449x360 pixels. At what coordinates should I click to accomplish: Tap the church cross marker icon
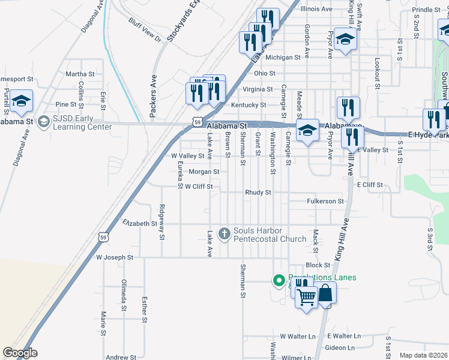tap(224, 233)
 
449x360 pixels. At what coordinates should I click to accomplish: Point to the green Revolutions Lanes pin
tap(279, 280)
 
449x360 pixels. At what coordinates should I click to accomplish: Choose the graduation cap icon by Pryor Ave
tap(345, 40)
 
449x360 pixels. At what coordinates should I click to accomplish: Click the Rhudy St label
tap(258, 193)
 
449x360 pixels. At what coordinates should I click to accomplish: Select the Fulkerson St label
tap(325, 202)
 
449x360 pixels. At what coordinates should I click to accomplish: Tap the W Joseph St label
tap(115, 257)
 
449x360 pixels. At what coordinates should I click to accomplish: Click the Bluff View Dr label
tap(145, 29)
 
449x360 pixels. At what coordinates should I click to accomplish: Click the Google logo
tap(20, 353)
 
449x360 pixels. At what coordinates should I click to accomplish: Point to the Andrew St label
tap(121, 357)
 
